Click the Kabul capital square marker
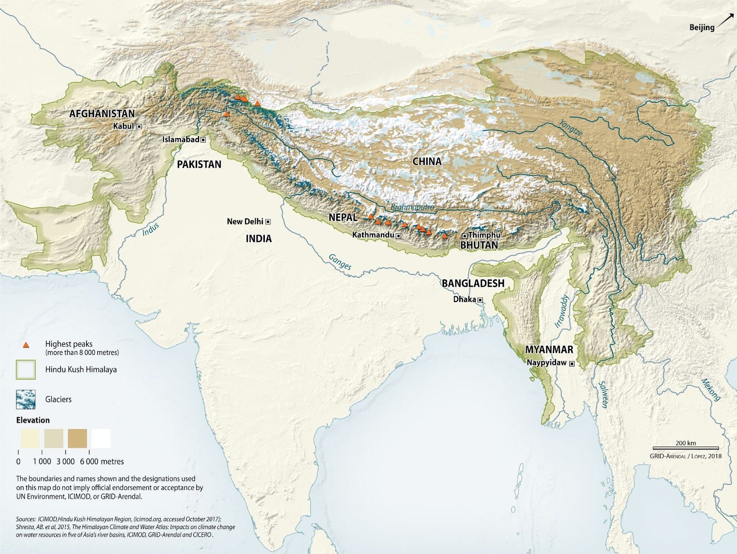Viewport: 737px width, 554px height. coord(139,126)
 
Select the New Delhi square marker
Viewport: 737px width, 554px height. coord(268,222)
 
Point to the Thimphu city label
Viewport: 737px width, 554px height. coord(484,235)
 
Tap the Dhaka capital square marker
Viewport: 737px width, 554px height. coord(480,300)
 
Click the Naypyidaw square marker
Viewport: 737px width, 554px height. coord(572,364)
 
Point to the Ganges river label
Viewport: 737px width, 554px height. coord(340,262)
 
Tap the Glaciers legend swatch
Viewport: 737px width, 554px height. coord(25,399)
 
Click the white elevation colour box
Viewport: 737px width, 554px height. coord(101,438)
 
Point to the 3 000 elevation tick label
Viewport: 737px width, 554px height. coord(66,461)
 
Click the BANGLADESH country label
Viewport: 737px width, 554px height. coord(473,283)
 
